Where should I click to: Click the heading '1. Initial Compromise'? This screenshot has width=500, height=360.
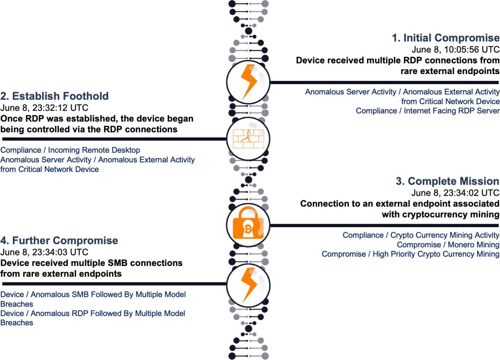(x=445, y=38)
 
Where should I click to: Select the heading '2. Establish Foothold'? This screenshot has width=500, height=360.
(x=54, y=96)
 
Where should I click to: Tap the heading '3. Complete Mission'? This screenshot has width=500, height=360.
(x=447, y=181)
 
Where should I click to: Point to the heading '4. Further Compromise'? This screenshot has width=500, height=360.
(x=59, y=240)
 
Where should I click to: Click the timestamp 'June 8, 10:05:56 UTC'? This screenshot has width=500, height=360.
(x=455, y=50)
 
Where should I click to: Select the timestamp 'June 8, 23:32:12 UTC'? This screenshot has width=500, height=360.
(x=44, y=108)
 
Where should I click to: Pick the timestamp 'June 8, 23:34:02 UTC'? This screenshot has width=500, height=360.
(x=455, y=193)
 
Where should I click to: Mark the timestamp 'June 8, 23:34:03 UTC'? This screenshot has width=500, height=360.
(x=44, y=252)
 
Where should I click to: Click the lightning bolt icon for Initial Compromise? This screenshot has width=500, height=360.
(x=248, y=82)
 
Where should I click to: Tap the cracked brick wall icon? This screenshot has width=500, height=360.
(x=248, y=139)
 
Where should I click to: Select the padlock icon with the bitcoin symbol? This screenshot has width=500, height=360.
(x=248, y=224)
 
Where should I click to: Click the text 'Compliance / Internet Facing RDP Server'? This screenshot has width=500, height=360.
(x=427, y=111)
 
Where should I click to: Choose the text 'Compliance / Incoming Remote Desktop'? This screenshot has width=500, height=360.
(x=70, y=150)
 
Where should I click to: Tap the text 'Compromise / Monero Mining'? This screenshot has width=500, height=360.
(x=448, y=245)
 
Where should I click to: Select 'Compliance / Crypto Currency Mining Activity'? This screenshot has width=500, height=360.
(x=421, y=235)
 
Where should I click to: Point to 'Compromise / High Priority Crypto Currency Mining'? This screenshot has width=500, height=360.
(x=410, y=254)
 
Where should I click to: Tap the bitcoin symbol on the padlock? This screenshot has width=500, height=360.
(x=248, y=229)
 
